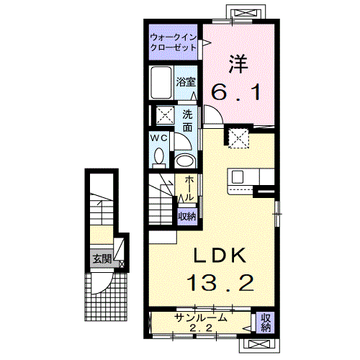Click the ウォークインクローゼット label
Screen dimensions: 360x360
(x=174, y=42)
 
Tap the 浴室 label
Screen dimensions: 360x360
(x=186, y=82)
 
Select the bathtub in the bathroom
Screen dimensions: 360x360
(x=161, y=82)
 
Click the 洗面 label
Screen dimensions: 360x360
(x=187, y=121)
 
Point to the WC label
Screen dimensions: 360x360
(x=158, y=138)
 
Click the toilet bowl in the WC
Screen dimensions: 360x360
(x=158, y=157)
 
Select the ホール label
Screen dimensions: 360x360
(x=189, y=188)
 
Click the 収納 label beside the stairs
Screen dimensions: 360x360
(x=187, y=217)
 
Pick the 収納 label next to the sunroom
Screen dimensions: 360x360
(x=266, y=323)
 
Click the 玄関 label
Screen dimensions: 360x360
(x=102, y=259)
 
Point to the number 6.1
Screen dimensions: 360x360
(x=236, y=93)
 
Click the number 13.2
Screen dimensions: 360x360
(x=220, y=284)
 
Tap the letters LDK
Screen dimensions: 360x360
(x=220, y=255)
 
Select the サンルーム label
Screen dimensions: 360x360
(x=201, y=318)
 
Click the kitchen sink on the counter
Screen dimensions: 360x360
(x=238, y=177)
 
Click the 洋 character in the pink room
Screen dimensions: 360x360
(x=238, y=64)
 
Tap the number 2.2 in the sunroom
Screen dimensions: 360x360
(x=201, y=328)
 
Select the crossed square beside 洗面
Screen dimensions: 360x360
(x=166, y=115)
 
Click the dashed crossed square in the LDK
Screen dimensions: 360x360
(x=238, y=138)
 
